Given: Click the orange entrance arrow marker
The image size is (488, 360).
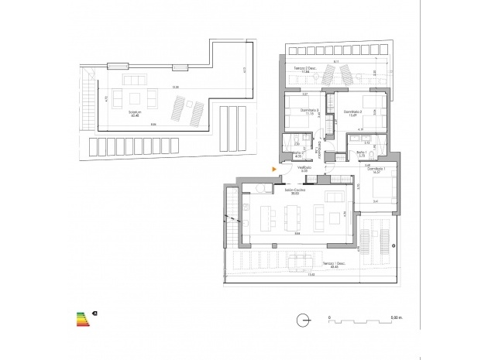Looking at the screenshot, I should tap(273, 168).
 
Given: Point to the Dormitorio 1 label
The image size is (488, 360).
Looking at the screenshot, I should tap(375, 170).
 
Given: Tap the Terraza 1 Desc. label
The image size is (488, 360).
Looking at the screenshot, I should tap(311, 265).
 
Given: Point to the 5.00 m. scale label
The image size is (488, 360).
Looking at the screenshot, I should tap(394, 317).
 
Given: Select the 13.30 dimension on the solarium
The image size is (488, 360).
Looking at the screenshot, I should tap(155, 87).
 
